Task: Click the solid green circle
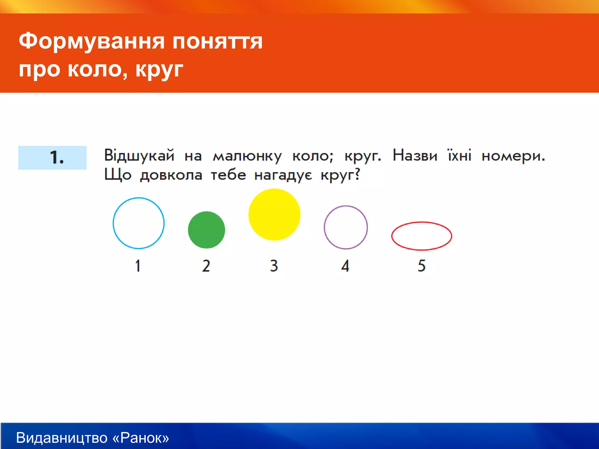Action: tap(206, 230)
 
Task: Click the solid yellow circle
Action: tap(274, 215)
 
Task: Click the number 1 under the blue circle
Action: tap(138, 266)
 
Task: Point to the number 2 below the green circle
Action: tap(206, 266)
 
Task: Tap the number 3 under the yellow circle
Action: tap(274, 266)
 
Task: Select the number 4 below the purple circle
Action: tap(345, 266)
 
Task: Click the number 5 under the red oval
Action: tap(421, 266)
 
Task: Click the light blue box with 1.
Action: tap(52, 158)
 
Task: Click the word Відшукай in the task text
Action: tap(139, 156)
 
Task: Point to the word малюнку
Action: tap(247, 156)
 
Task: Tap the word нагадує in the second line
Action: tap(283, 175)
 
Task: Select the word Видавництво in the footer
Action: tap(62, 438)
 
